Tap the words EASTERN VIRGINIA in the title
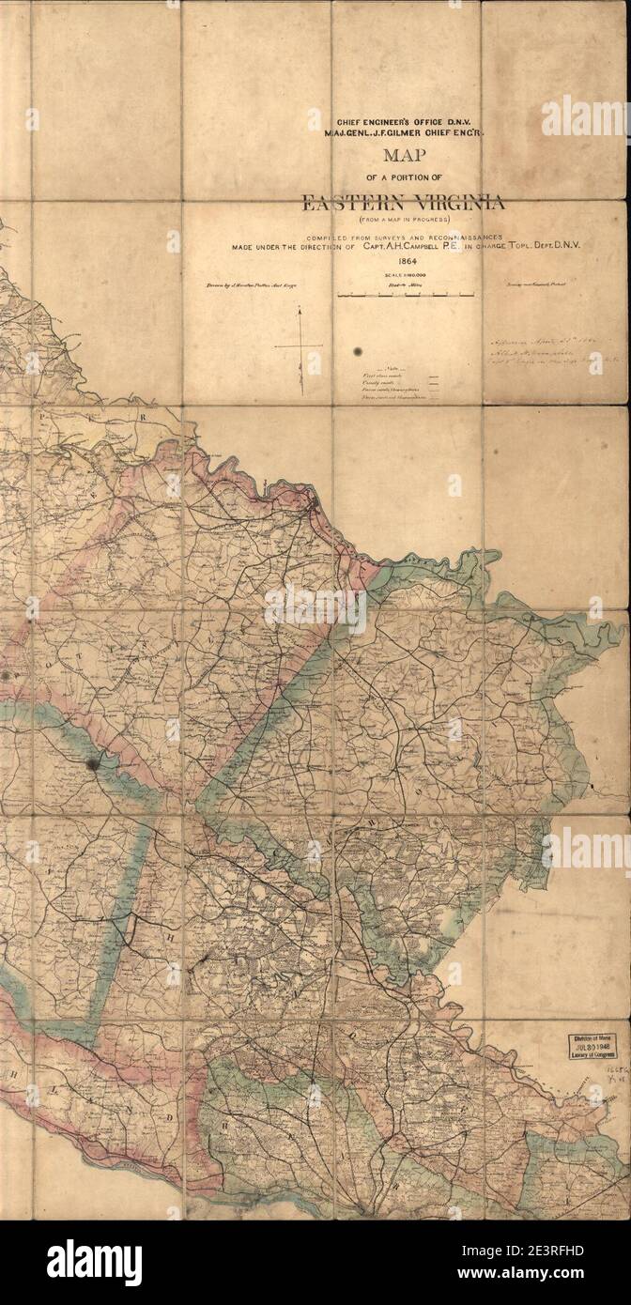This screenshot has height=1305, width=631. coord(403,202)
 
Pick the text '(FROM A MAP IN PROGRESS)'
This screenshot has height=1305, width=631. coord(405,219)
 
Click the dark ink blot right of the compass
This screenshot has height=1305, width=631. coord(358,351)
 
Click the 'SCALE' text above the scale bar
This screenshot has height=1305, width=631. coord(394,274)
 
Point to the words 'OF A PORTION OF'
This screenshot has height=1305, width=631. coord(403,178)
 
